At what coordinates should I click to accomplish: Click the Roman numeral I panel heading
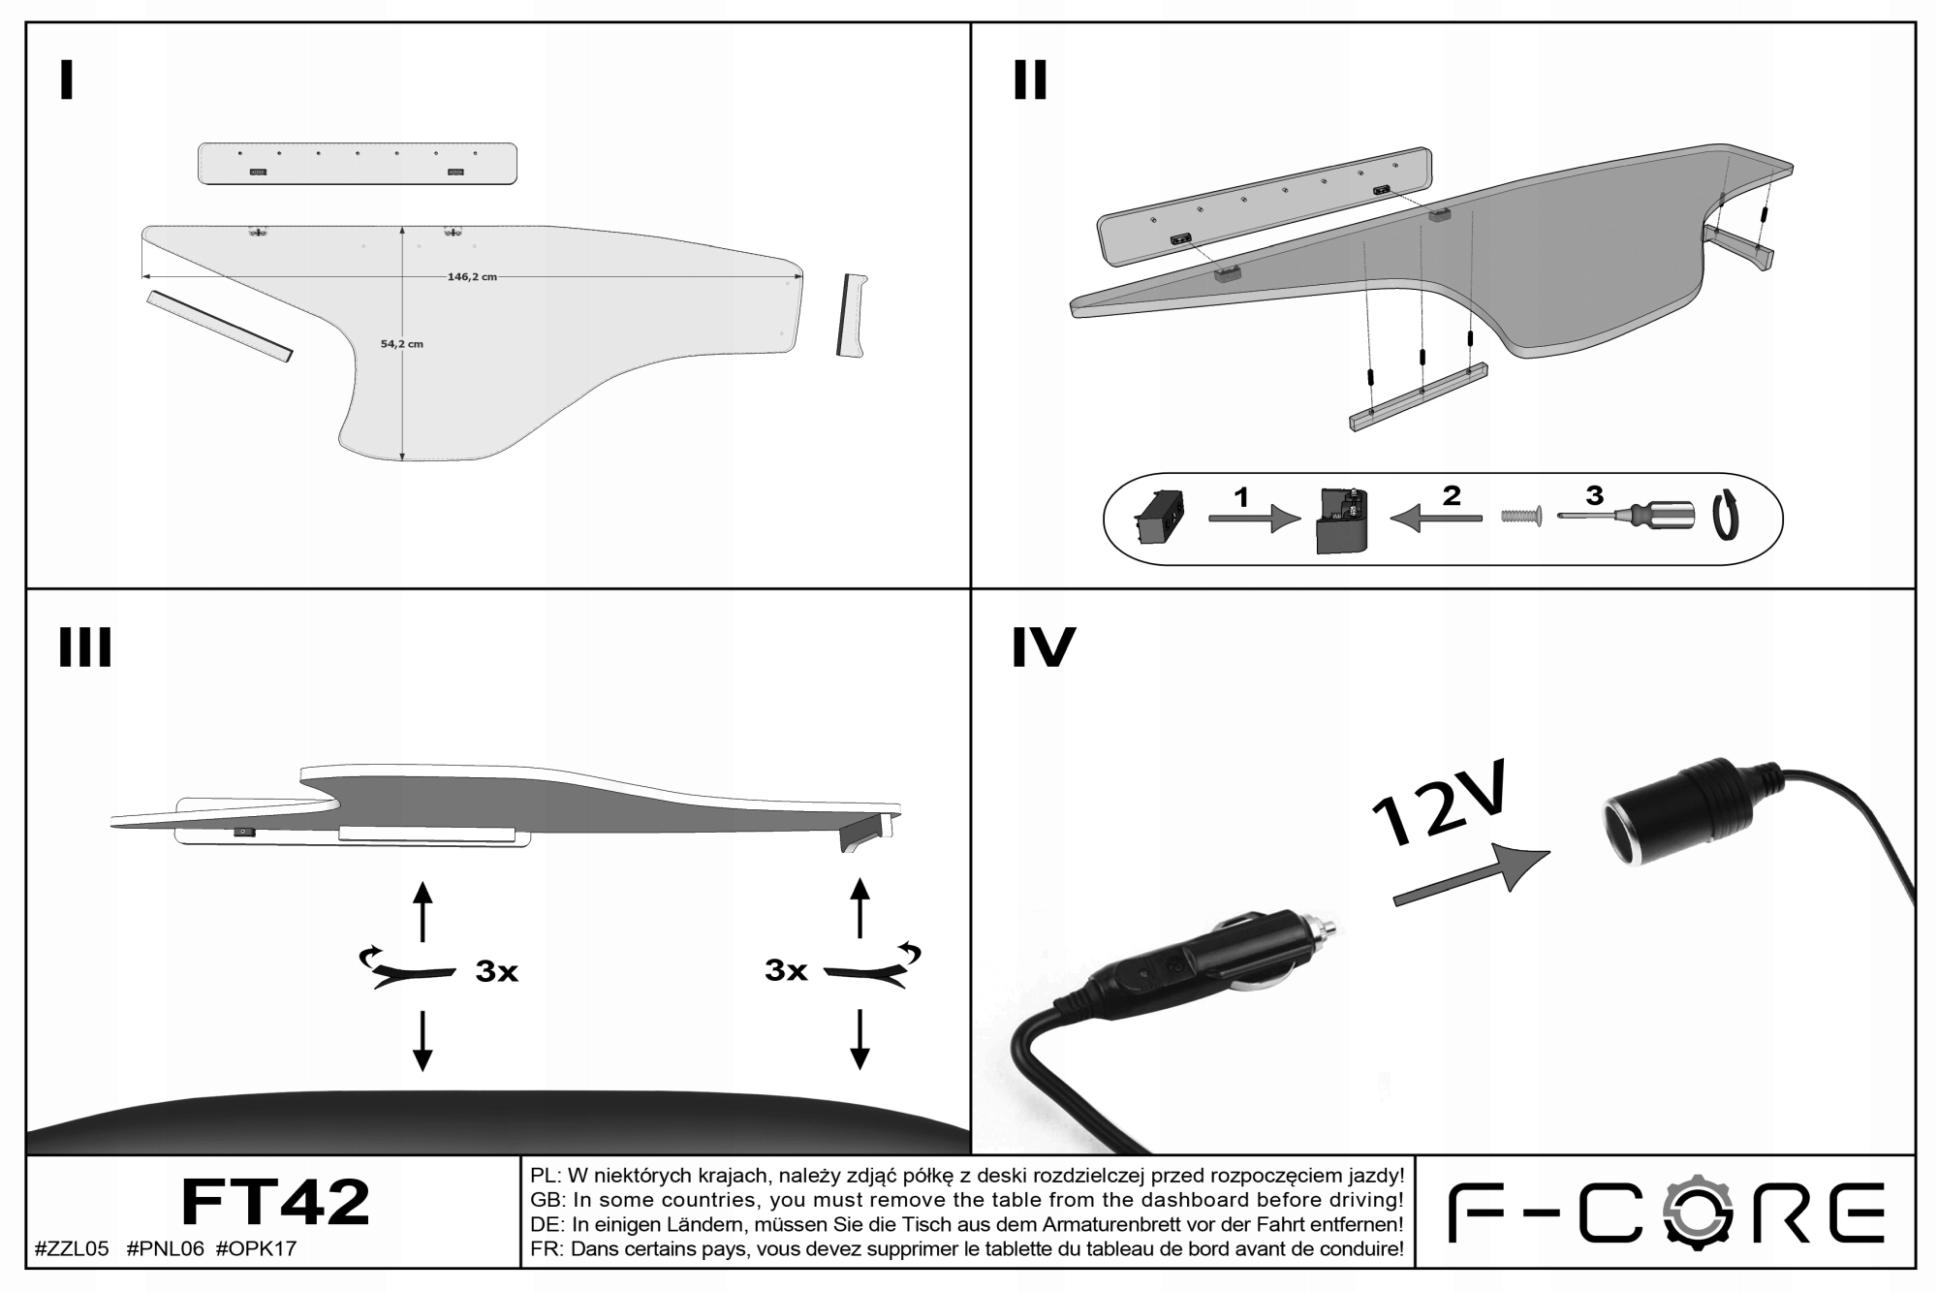point(66,80)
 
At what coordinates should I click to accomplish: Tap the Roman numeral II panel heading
point(1030,80)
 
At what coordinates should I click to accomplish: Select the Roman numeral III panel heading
point(85,647)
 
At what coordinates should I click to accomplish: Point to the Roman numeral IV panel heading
point(1043,647)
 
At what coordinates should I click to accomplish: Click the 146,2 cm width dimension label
point(472,276)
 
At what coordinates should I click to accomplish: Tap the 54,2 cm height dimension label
point(402,344)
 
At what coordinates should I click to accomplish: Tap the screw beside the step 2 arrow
point(1521,517)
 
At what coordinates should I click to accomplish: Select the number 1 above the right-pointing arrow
point(1241,497)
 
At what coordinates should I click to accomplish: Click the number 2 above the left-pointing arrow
point(1451,495)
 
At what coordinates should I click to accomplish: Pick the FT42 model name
point(275,1203)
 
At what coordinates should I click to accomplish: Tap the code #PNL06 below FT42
point(165,1248)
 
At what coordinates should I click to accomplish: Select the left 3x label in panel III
point(496,971)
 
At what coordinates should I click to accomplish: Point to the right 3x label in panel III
point(786,969)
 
